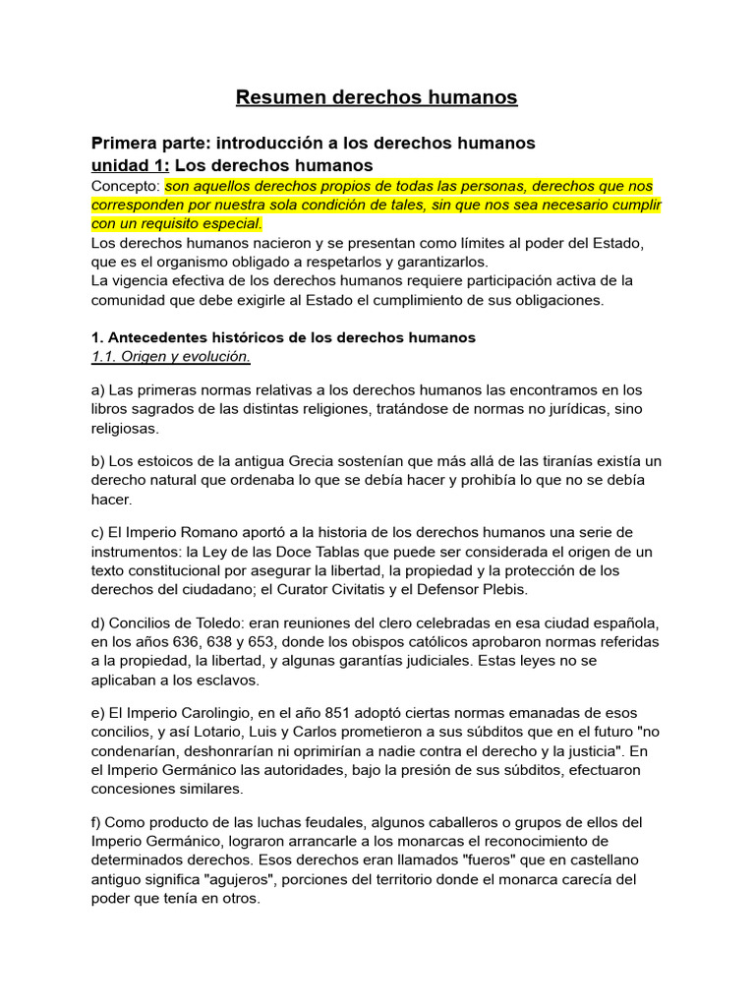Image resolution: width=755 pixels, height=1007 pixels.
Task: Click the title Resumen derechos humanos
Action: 377,97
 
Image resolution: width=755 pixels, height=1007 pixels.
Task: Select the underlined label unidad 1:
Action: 131,164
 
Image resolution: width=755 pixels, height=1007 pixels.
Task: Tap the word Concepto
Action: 124,186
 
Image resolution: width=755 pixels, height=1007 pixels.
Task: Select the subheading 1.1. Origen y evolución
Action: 171,356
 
